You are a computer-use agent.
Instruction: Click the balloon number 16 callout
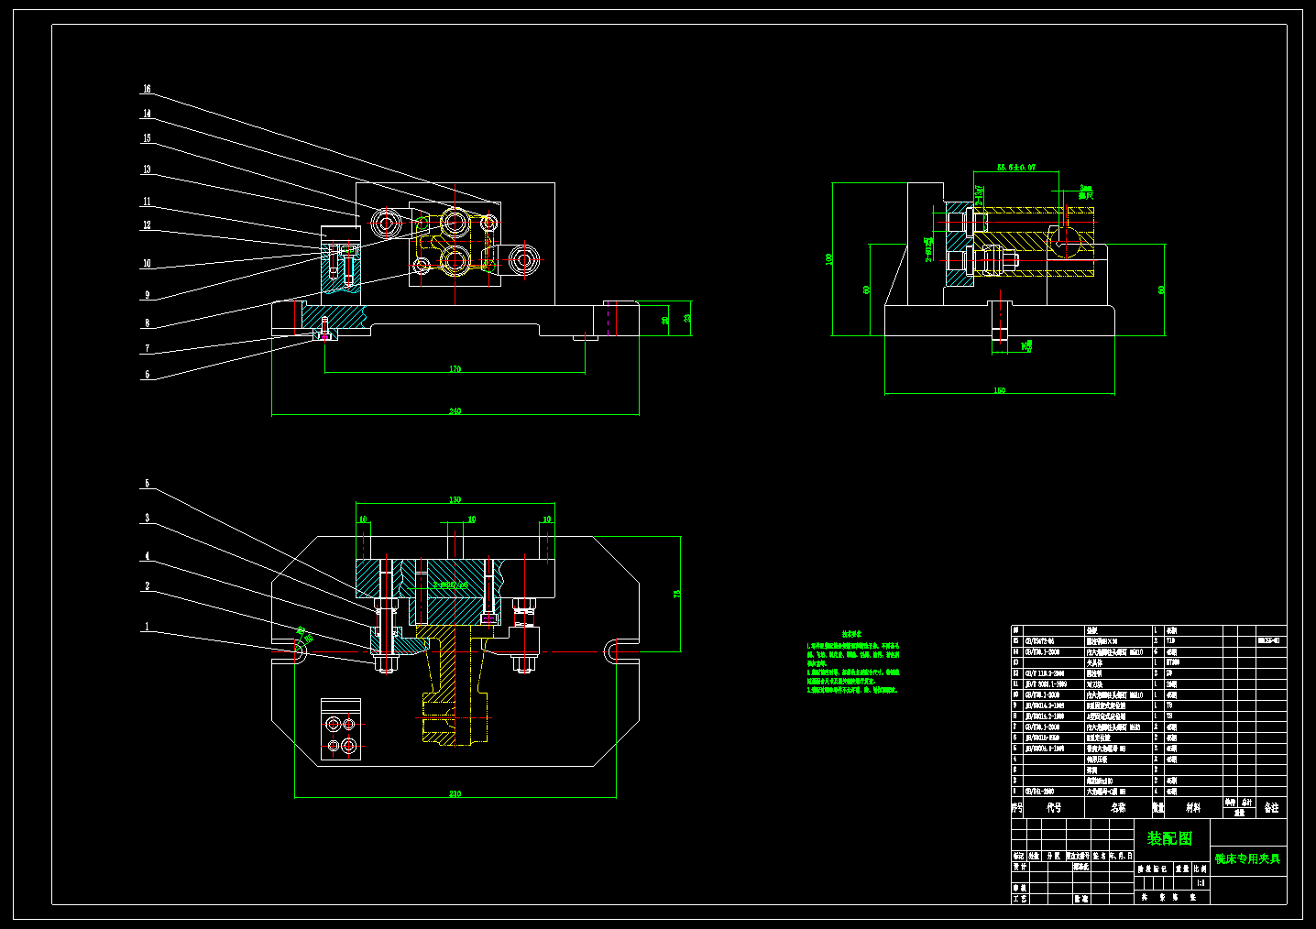pos(147,90)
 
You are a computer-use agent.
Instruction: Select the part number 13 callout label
pos(147,169)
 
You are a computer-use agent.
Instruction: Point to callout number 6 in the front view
pos(147,375)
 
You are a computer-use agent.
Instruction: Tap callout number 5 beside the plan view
pos(147,484)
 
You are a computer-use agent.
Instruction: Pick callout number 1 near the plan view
pos(147,628)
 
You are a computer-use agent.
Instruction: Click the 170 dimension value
pos(455,369)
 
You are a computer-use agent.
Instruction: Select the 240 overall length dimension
pos(455,411)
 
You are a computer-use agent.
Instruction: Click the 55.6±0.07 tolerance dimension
pos(1015,168)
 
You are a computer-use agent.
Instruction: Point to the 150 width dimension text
pos(999,390)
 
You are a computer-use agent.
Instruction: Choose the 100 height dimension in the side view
pos(829,259)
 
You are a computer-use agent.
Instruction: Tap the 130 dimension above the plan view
pos(455,500)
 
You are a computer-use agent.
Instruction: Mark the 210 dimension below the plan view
pos(455,793)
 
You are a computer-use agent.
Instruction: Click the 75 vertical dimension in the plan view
pos(678,594)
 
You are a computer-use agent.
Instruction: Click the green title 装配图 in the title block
pos(1170,838)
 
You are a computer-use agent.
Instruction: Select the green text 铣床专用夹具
pos(1247,858)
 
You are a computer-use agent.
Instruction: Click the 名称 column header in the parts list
pos(1118,808)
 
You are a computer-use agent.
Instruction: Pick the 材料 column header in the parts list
pos(1193,808)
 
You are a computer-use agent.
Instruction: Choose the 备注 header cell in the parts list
pos(1271,808)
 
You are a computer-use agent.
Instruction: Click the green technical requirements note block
pos(853,661)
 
